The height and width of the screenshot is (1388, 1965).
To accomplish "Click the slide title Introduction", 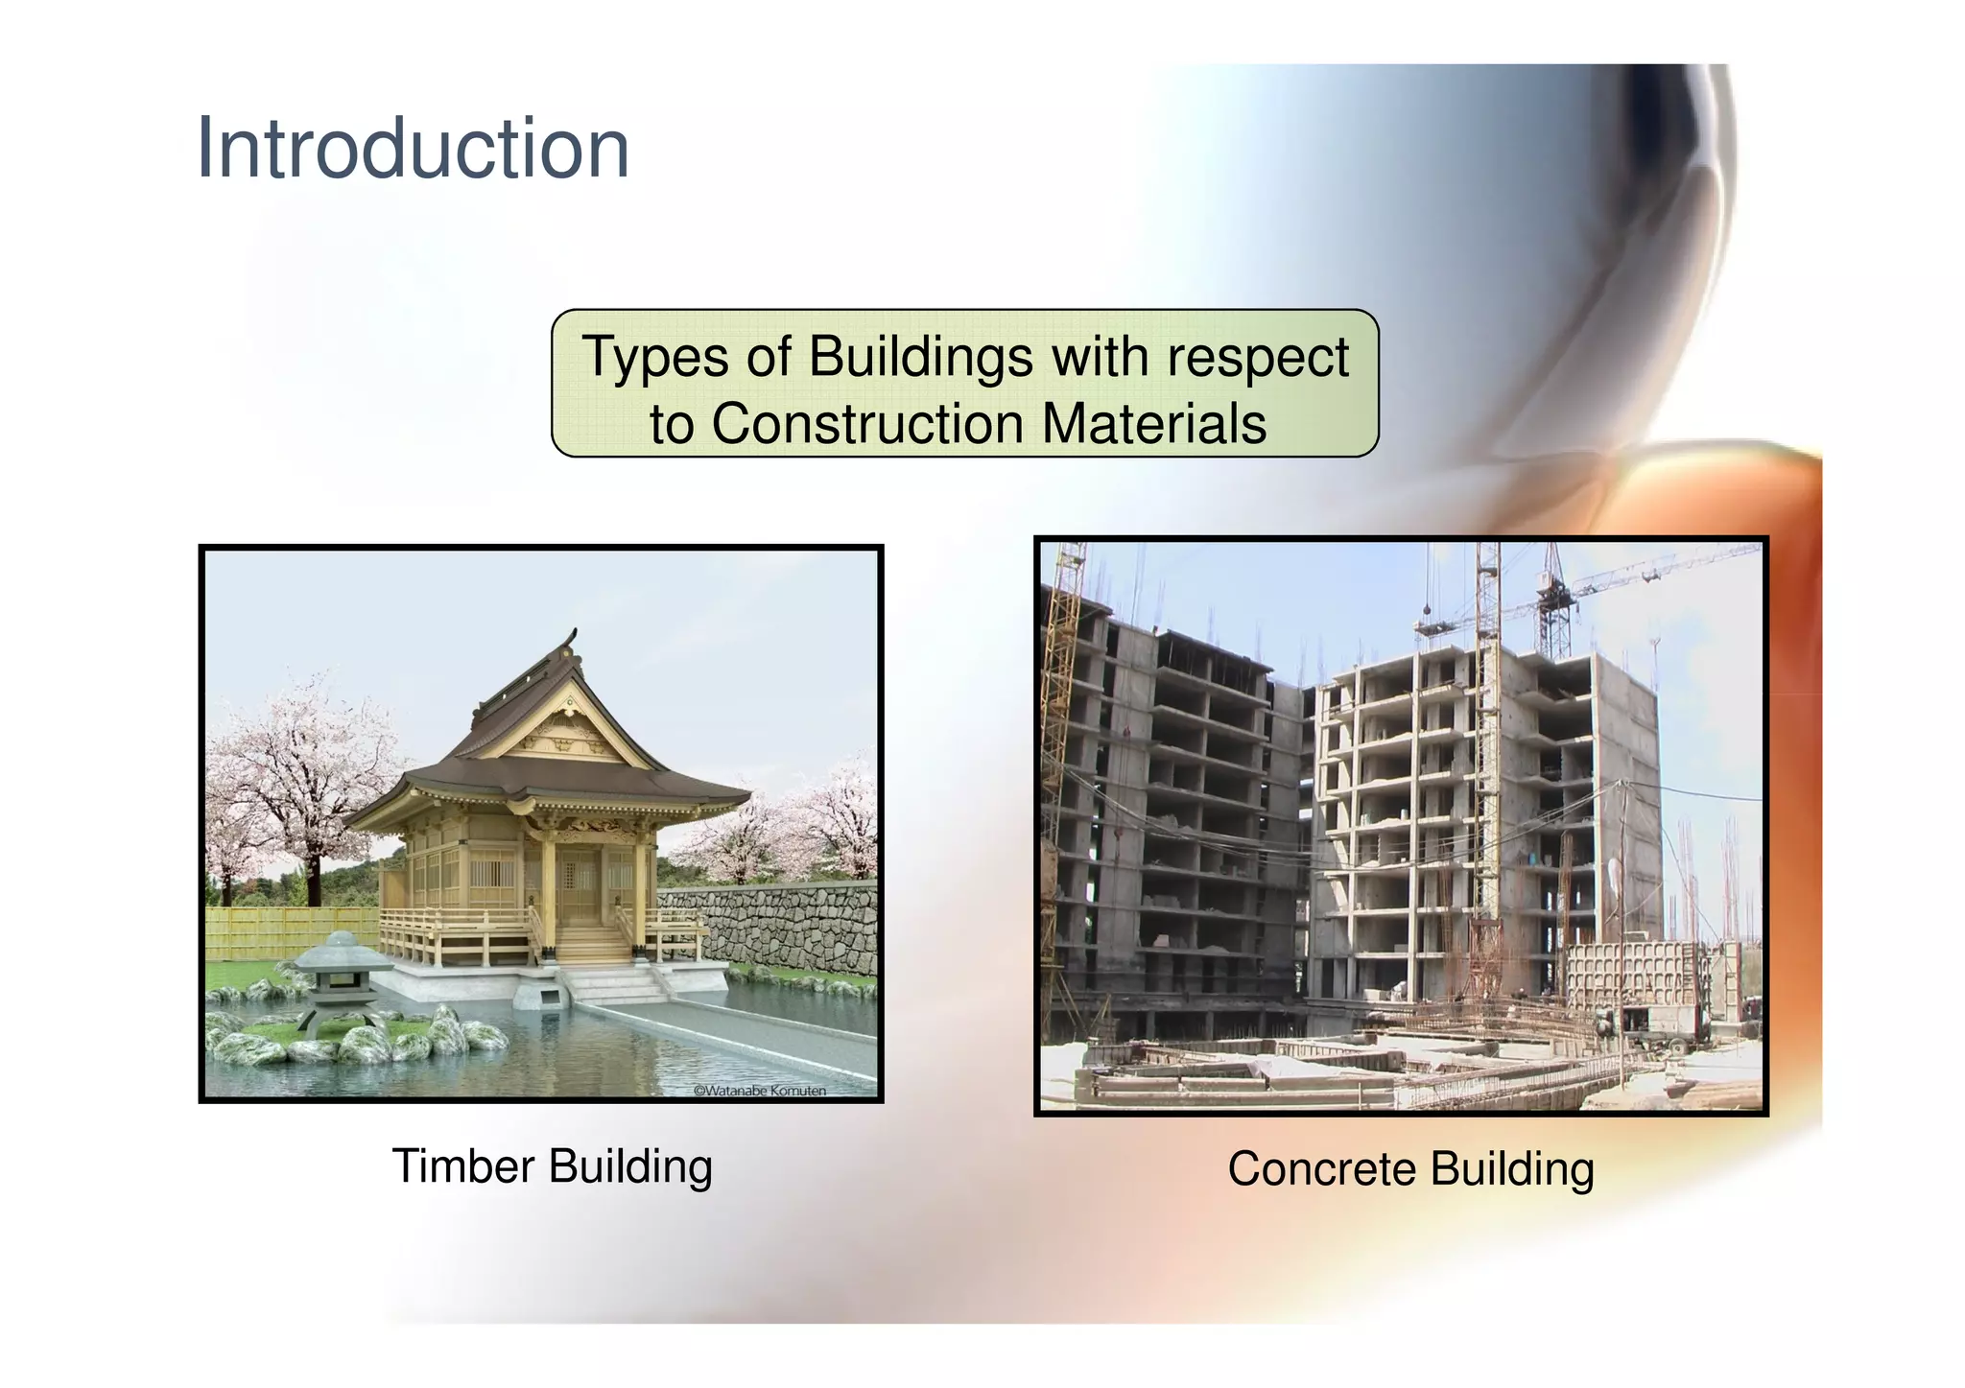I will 413,149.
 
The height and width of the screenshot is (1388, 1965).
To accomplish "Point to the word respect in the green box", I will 1258,359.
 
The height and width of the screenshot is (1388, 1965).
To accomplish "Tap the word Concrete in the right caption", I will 1321,1170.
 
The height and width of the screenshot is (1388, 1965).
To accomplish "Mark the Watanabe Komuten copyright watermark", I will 759,1091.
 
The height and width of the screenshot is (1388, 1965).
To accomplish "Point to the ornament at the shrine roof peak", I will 573,639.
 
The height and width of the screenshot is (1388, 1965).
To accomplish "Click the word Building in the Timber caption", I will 630,1167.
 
